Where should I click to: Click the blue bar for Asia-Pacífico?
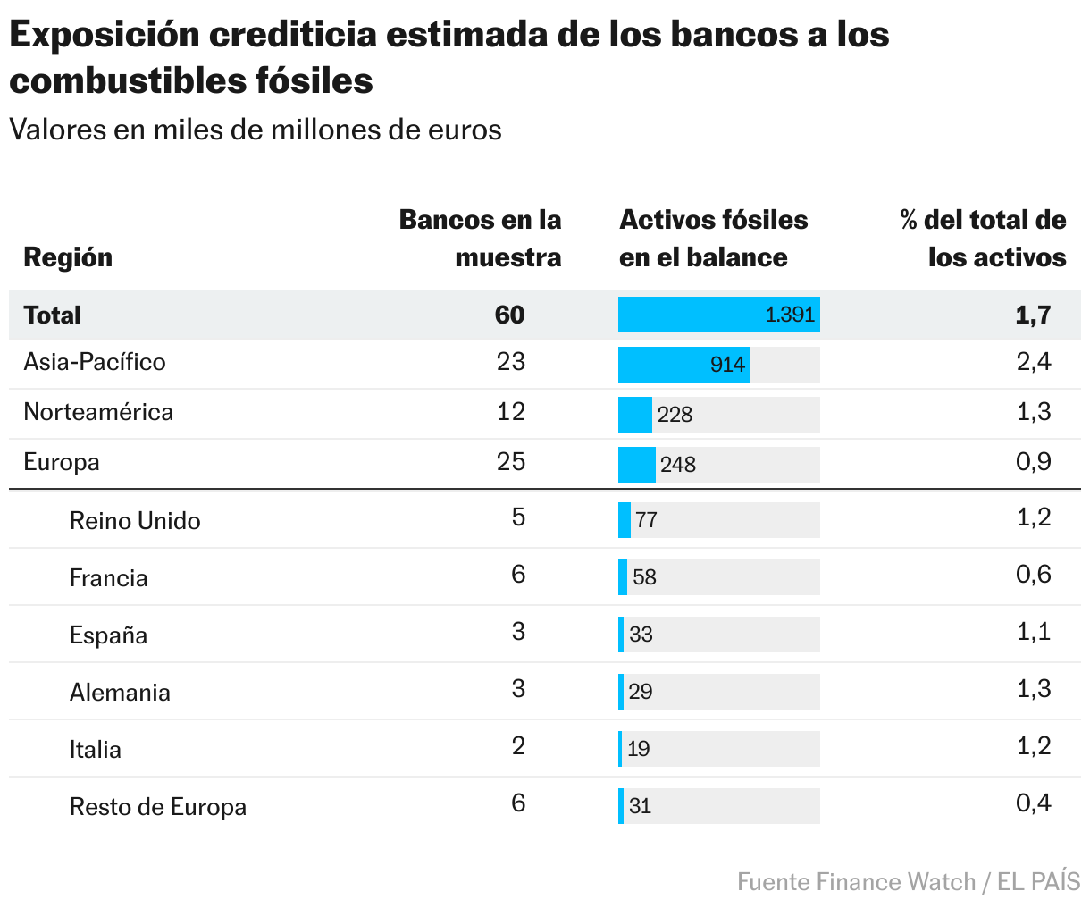[x=683, y=365]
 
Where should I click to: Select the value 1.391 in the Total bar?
[x=790, y=315]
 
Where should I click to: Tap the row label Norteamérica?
[x=98, y=412]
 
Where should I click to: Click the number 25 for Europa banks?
[x=511, y=462]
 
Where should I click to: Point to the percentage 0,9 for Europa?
[x=1033, y=462]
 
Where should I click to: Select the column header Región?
[x=68, y=257]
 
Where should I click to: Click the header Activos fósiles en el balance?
[x=713, y=239]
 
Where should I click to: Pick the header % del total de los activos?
[x=983, y=239]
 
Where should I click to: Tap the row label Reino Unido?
[x=135, y=521]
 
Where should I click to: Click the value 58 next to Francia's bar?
[x=644, y=577]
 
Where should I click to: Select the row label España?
[x=108, y=635]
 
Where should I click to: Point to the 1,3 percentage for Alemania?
[x=1033, y=689]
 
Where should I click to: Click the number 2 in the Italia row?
[x=518, y=746]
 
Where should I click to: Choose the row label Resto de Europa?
[x=158, y=807]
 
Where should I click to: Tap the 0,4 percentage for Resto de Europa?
[x=1033, y=803]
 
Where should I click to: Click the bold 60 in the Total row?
[x=510, y=315]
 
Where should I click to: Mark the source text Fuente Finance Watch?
[x=856, y=882]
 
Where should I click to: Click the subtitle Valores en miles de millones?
[x=256, y=130]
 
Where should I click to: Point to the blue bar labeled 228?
[x=634, y=415]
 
